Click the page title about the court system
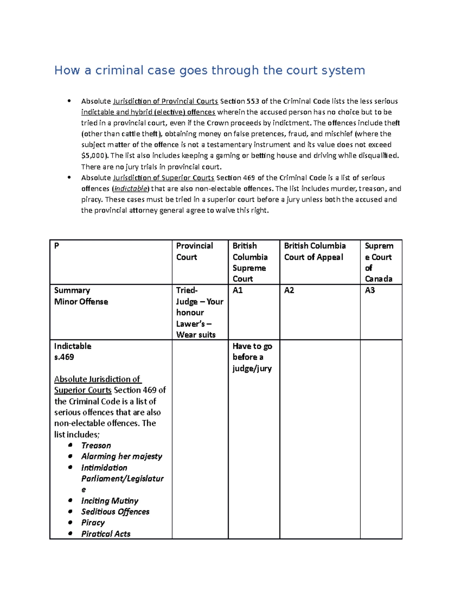[x=209, y=70]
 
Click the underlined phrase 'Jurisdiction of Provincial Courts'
[x=166, y=101]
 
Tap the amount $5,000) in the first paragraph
[x=95, y=156]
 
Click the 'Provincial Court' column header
[x=194, y=251]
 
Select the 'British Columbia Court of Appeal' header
[x=315, y=251]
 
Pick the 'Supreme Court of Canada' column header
[x=379, y=262]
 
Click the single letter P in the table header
[x=56, y=246]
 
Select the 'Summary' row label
[x=72, y=290]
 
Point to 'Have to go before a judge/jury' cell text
[x=252, y=357]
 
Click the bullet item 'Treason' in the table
[x=96, y=446]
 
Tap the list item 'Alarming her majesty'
[x=121, y=456]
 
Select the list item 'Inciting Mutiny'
[x=109, y=501]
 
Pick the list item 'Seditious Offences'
[x=115, y=512]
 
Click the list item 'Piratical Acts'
[x=106, y=534]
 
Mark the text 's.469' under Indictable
[x=64, y=357]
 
